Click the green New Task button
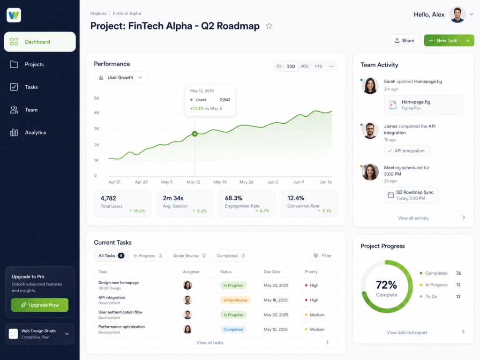(x=442, y=40)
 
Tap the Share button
(x=404, y=40)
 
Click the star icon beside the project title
(x=269, y=26)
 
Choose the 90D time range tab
(x=304, y=66)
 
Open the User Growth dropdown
(x=120, y=77)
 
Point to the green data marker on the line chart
(x=195, y=134)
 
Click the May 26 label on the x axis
(x=247, y=182)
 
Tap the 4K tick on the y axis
(x=97, y=112)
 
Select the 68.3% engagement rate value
(x=233, y=198)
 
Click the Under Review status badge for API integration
(x=235, y=300)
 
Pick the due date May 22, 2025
(x=276, y=315)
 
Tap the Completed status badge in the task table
(x=233, y=330)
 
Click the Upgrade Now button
(x=40, y=305)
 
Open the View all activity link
(x=413, y=218)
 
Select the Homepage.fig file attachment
(x=423, y=105)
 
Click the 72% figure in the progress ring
(x=386, y=285)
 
